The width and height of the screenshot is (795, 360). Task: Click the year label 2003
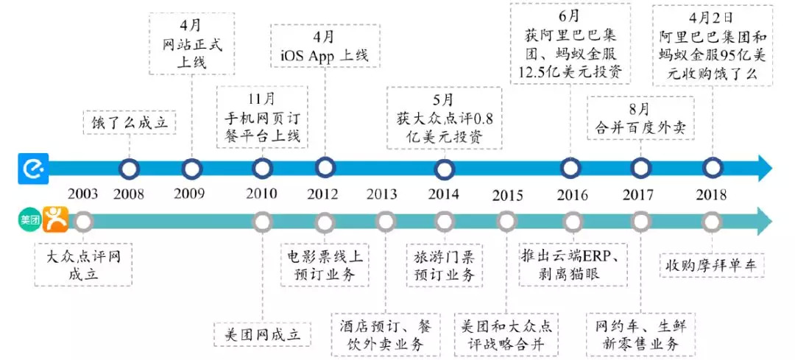pos(82,194)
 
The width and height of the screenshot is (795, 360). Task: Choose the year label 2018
pos(710,195)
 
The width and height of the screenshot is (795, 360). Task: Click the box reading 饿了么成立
pos(130,122)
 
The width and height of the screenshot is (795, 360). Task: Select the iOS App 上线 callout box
pos(325,46)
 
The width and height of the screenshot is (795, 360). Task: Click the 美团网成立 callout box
pos(262,333)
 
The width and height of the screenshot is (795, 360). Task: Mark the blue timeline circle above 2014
pos(444,169)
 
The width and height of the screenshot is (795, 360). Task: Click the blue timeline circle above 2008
pos(130,169)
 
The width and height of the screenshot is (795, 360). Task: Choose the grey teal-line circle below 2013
pos(385,221)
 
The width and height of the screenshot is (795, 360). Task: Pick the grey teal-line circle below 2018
pos(711,221)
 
